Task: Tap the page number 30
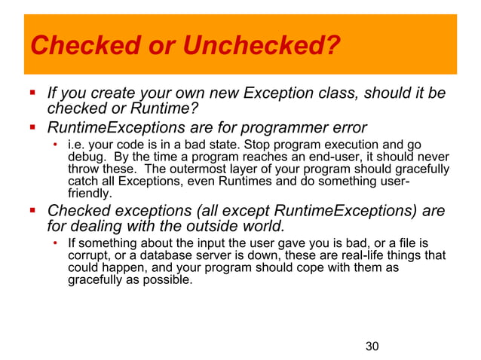(x=371, y=346)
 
